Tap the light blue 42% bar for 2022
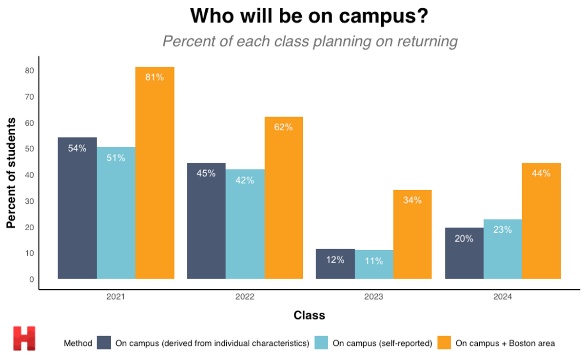point(245,224)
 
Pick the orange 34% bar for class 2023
point(412,234)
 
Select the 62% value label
point(283,127)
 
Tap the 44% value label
point(541,173)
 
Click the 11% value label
point(373,261)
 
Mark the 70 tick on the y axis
point(30,97)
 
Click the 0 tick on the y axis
point(31,280)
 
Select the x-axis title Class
point(309,316)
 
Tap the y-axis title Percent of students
point(12,173)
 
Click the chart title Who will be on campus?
point(309,16)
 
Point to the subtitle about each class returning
point(310,41)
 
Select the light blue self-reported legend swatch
point(321,343)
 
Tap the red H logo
point(24,339)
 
